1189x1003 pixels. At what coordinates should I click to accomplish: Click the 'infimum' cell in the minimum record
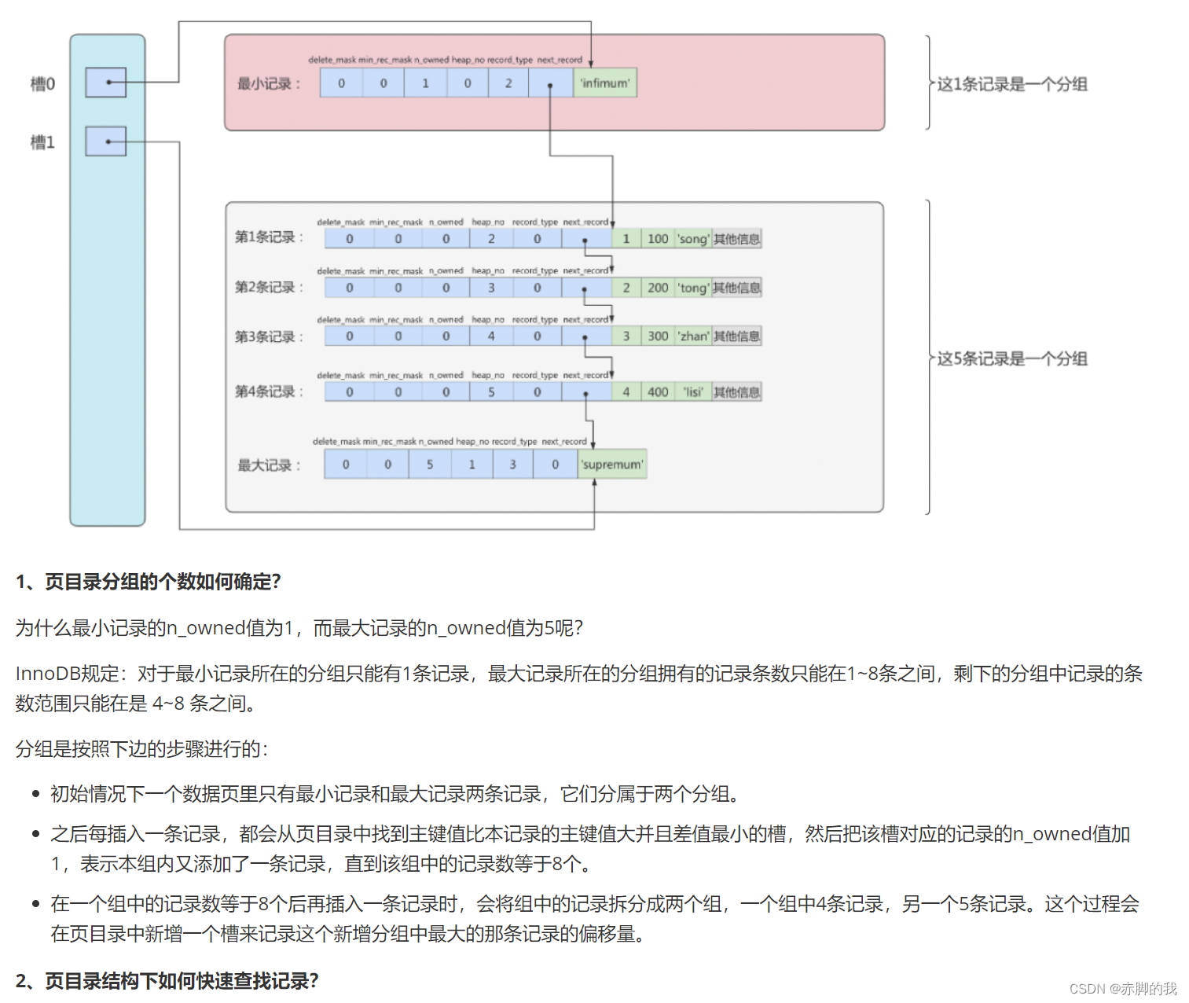[604, 83]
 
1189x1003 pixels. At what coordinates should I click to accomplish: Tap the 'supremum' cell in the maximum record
[611, 465]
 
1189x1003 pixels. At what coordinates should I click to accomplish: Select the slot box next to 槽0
[106, 83]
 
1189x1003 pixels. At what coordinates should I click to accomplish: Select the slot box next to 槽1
[106, 141]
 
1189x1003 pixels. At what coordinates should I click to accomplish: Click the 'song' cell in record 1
[693, 239]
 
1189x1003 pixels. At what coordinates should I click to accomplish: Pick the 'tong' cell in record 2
[693, 288]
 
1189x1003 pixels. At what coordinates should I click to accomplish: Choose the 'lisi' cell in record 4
[693, 392]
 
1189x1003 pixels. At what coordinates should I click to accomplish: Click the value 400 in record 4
[658, 392]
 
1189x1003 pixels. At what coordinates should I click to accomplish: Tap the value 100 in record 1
[658, 239]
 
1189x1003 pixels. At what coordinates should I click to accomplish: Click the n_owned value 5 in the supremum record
[430, 465]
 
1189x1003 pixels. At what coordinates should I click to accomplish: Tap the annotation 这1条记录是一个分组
[1012, 84]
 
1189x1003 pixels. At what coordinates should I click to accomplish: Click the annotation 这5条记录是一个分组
[1012, 359]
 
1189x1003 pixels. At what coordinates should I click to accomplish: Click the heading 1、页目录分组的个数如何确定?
[149, 582]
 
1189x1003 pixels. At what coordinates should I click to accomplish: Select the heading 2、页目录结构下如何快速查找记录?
[167, 981]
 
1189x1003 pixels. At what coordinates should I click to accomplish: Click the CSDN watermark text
[1123, 988]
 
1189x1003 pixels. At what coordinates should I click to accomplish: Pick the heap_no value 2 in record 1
[491, 239]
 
